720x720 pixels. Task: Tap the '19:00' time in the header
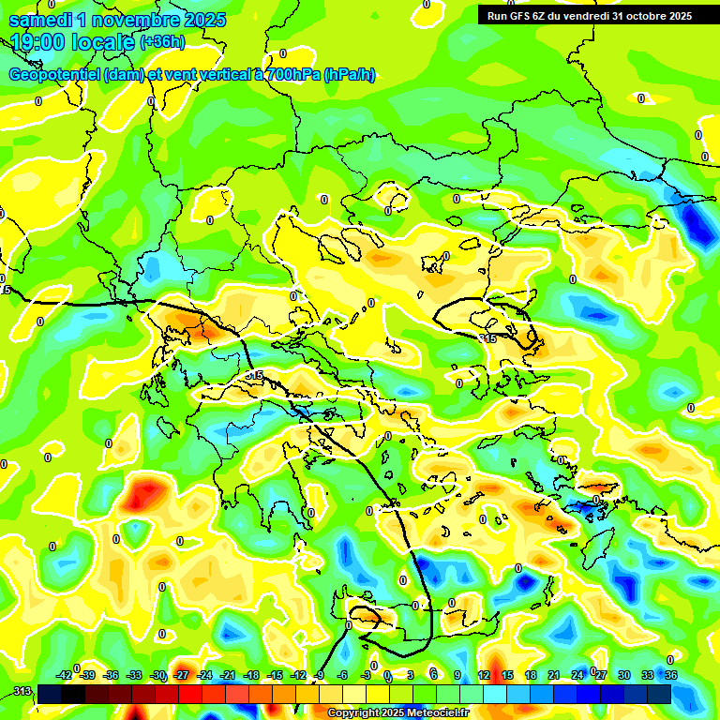point(36,42)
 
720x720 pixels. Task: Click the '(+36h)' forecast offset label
point(162,42)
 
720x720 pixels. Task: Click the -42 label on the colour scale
point(65,675)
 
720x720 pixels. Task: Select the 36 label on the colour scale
point(671,675)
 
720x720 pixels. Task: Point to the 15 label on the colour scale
point(507,675)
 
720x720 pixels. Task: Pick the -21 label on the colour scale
point(228,675)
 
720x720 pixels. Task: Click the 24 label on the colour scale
point(577,675)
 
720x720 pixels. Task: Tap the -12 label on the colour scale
point(298,675)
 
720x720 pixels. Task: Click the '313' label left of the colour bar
point(22,692)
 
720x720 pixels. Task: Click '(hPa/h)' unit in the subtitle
point(349,75)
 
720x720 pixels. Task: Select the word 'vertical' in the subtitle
point(210,75)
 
